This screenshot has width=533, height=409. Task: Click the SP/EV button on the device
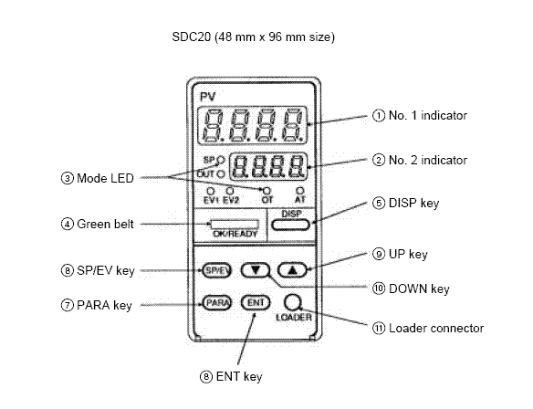click(216, 270)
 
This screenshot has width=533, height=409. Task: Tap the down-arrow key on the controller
click(256, 270)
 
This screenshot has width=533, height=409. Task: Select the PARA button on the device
click(216, 302)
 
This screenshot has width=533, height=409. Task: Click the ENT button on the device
click(256, 302)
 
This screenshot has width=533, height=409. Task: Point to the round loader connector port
click(293, 302)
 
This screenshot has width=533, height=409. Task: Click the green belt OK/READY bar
click(235, 225)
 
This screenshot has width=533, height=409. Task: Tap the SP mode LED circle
click(221, 160)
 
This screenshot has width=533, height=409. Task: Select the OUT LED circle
click(221, 174)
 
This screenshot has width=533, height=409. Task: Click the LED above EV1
click(211, 191)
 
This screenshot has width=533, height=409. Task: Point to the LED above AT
click(299, 190)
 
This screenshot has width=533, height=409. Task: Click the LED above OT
click(267, 191)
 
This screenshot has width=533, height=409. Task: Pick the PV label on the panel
click(208, 97)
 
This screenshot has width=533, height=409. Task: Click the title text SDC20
click(192, 37)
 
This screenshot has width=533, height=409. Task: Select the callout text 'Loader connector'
click(436, 328)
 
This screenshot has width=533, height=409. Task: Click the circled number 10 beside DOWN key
click(379, 288)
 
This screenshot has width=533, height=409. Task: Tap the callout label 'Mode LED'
click(105, 178)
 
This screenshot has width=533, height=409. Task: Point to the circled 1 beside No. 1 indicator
click(379, 116)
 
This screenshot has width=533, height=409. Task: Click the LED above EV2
click(230, 191)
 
